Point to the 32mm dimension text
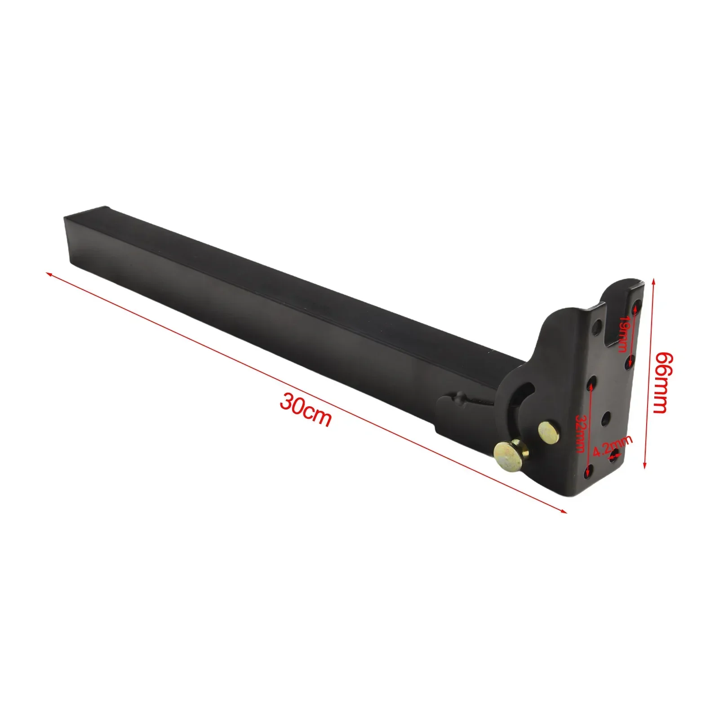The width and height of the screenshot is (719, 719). point(581,433)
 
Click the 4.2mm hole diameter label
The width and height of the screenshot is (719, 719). point(612,446)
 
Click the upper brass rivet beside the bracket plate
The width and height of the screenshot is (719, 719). point(547,431)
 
